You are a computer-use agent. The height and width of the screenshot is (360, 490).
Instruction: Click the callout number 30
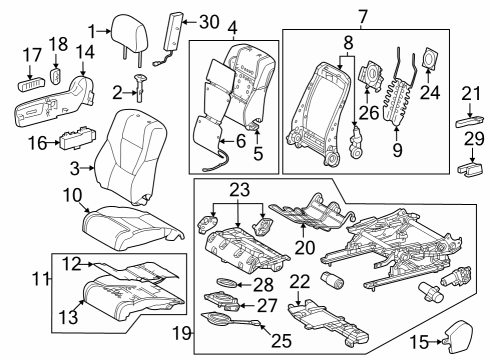(x=207, y=22)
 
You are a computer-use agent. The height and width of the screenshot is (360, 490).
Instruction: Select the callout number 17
(x=32, y=55)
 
